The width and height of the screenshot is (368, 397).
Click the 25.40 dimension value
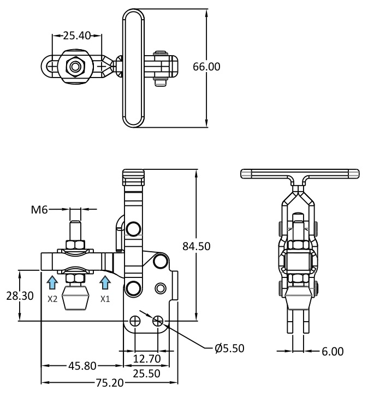tap(76, 35)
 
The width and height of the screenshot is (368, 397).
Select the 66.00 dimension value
tap(206, 67)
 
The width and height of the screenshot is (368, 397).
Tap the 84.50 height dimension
tap(197, 246)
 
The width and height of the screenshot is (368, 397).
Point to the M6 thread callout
tap(39, 210)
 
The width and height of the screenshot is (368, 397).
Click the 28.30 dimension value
tap(20, 296)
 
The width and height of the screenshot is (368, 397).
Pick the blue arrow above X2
tap(52, 282)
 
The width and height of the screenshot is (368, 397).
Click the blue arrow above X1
tap(105, 282)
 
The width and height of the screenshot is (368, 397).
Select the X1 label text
tap(105, 299)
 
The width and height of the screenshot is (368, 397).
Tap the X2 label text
tap(52, 299)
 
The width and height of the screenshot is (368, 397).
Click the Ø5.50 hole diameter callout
tap(229, 348)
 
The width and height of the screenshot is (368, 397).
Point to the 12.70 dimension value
tap(147, 359)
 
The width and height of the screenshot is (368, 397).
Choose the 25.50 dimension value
tap(147, 374)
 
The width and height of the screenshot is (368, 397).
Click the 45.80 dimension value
tap(82, 366)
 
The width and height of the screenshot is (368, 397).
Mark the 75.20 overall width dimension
tap(110, 383)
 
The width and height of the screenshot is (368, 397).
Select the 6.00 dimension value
tap(333, 352)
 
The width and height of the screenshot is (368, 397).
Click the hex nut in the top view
tap(75, 67)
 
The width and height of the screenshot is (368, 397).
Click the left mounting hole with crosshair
tap(135, 321)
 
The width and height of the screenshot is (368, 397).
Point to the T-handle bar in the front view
tap(300, 174)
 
